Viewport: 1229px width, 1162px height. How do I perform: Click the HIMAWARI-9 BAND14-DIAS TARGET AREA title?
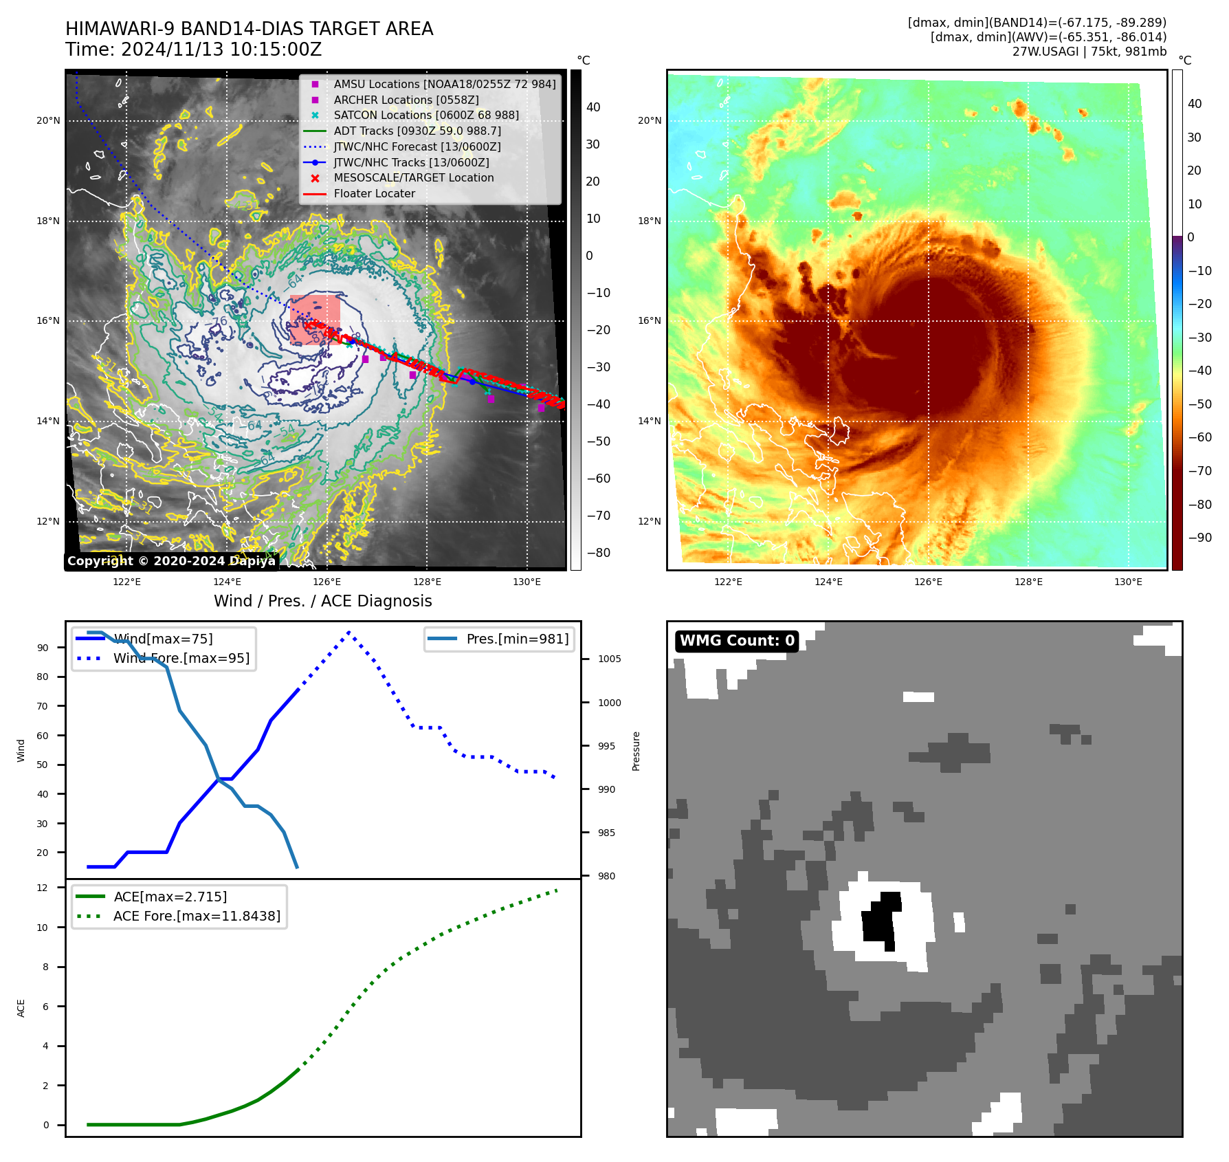[249, 29]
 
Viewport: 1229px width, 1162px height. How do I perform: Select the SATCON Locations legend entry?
[425, 115]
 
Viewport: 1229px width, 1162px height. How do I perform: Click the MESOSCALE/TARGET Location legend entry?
[413, 177]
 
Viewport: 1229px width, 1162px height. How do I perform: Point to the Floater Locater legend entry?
[374, 193]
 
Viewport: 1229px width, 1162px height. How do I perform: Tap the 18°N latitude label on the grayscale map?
[48, 221]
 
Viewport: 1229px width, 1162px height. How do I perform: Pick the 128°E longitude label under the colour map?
[1028, 582]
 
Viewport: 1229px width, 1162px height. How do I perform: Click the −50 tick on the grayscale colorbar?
[598, 441]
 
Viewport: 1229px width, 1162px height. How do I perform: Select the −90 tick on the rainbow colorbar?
[1199, 538]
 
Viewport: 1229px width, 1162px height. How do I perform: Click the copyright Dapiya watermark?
[171, 561]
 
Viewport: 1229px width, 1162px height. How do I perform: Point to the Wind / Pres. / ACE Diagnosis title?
[322, 601]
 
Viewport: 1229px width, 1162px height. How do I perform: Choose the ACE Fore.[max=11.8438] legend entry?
[197, 916]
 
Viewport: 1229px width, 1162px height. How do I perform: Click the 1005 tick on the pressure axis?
[609, 659]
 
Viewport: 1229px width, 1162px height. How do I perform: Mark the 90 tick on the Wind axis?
[43, 648]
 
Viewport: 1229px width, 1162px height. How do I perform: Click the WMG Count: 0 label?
[737, 641]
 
